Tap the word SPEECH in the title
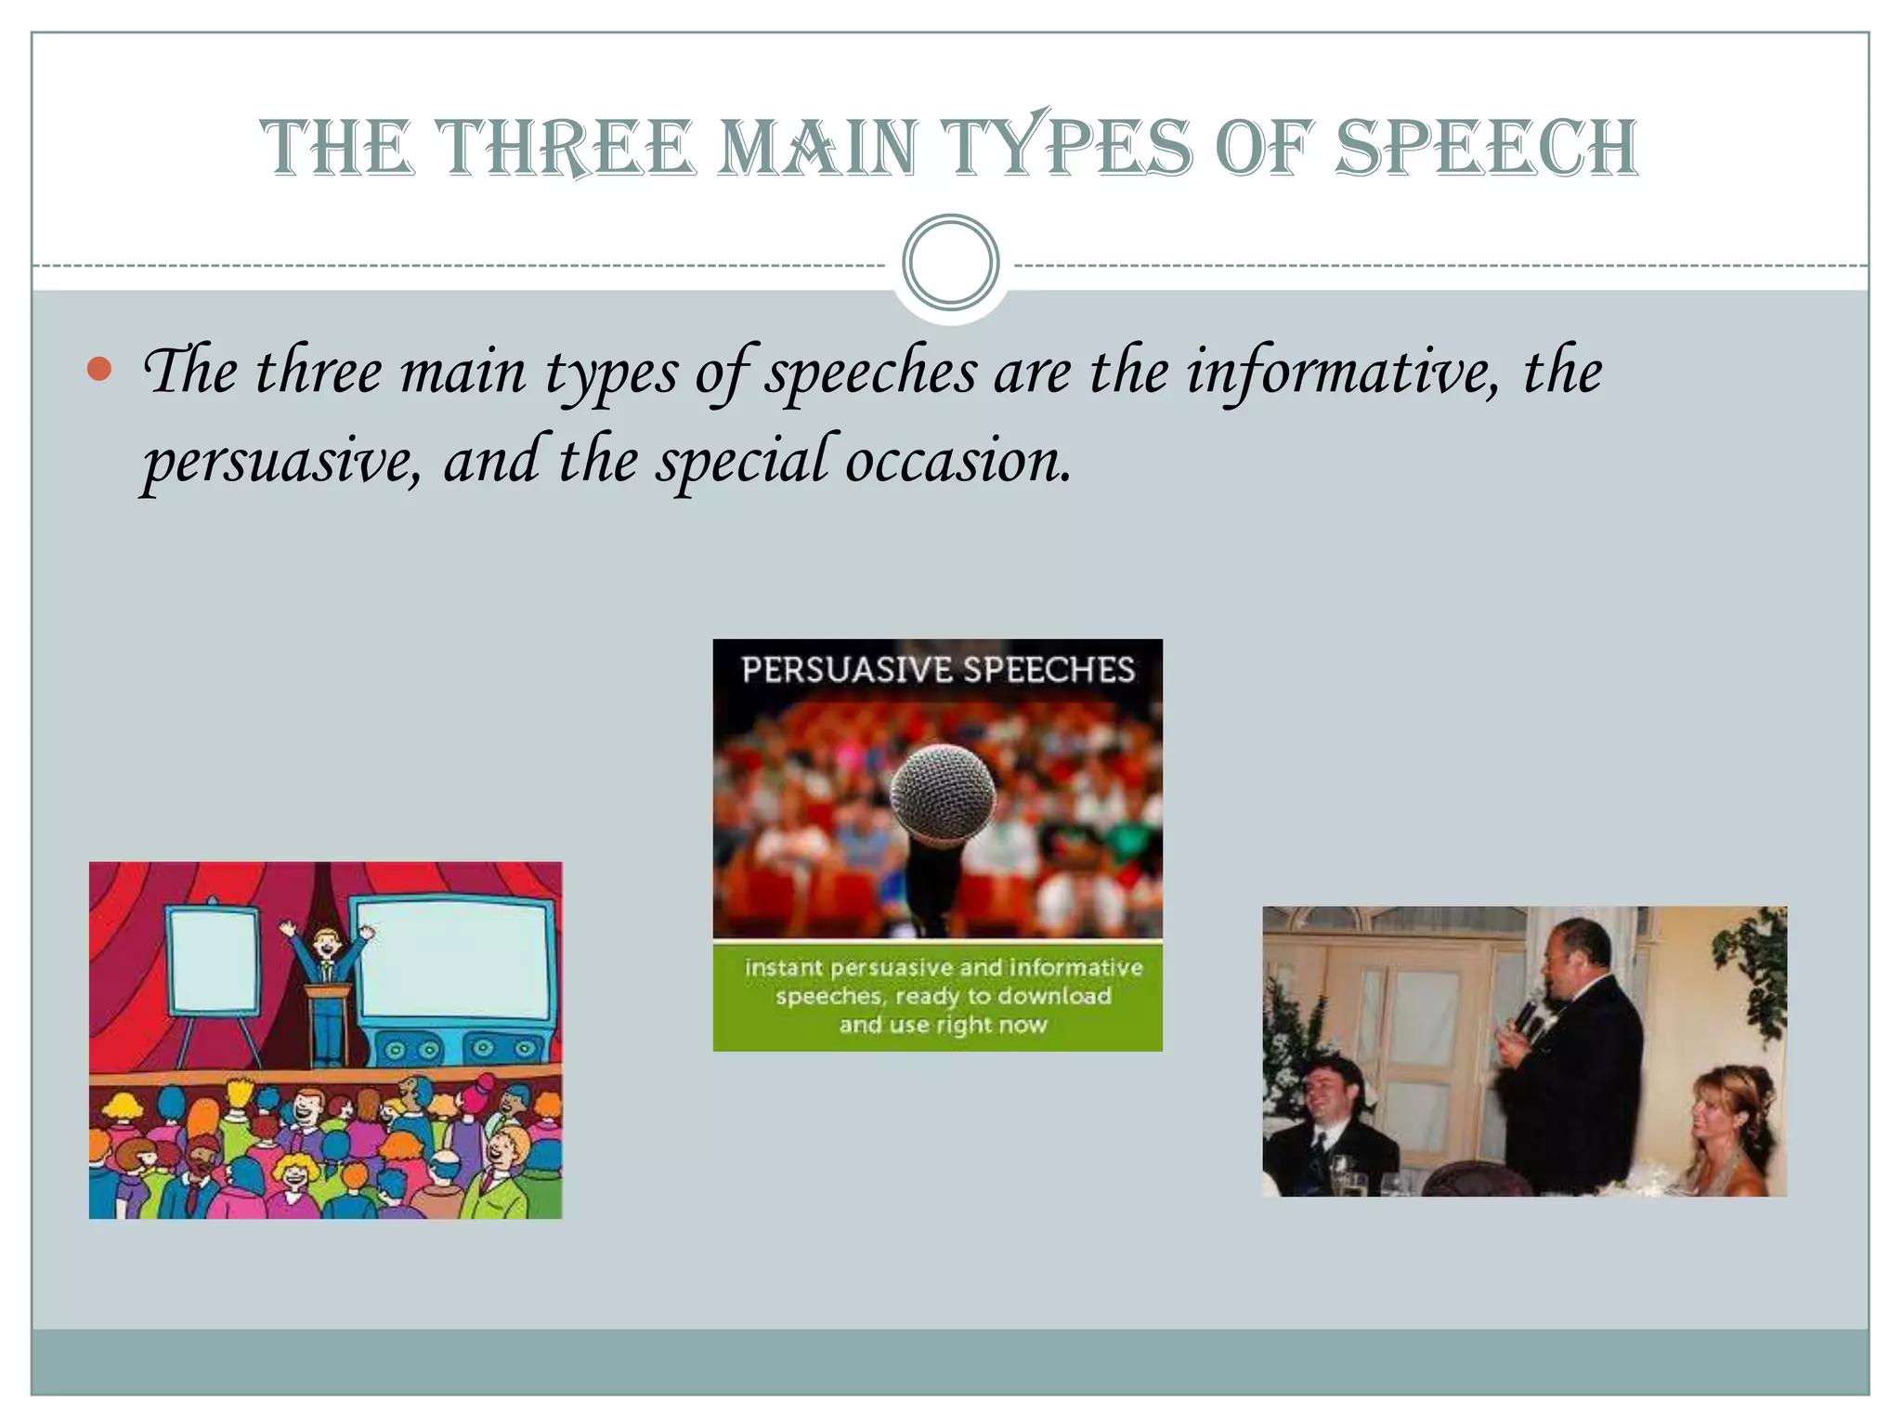pyautogui.click(x=1486, y=149)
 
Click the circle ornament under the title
pyautogui.click(x=950, y=262)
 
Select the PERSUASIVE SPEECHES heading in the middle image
pyautogui.click(x=938, y=670)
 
